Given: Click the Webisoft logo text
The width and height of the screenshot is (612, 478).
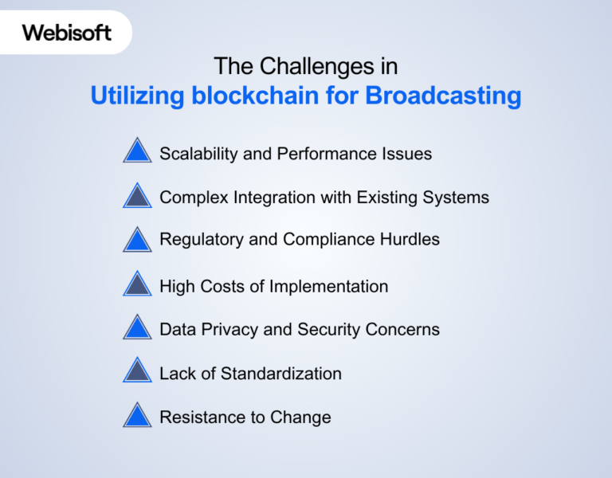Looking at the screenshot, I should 66,33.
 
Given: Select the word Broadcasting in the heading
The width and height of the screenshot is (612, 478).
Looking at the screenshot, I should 443,96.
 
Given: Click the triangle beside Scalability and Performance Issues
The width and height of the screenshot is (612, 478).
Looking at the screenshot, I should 137,151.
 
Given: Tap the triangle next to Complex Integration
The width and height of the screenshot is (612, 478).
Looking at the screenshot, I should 137,197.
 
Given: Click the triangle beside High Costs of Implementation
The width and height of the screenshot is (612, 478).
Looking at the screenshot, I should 137,284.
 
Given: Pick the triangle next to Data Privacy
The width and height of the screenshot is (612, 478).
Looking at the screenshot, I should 137,328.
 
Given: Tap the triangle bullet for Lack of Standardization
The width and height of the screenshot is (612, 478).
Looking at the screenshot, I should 137,372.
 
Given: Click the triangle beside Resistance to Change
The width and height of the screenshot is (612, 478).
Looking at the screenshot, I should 137,416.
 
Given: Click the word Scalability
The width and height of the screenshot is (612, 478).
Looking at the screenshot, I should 198,154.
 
